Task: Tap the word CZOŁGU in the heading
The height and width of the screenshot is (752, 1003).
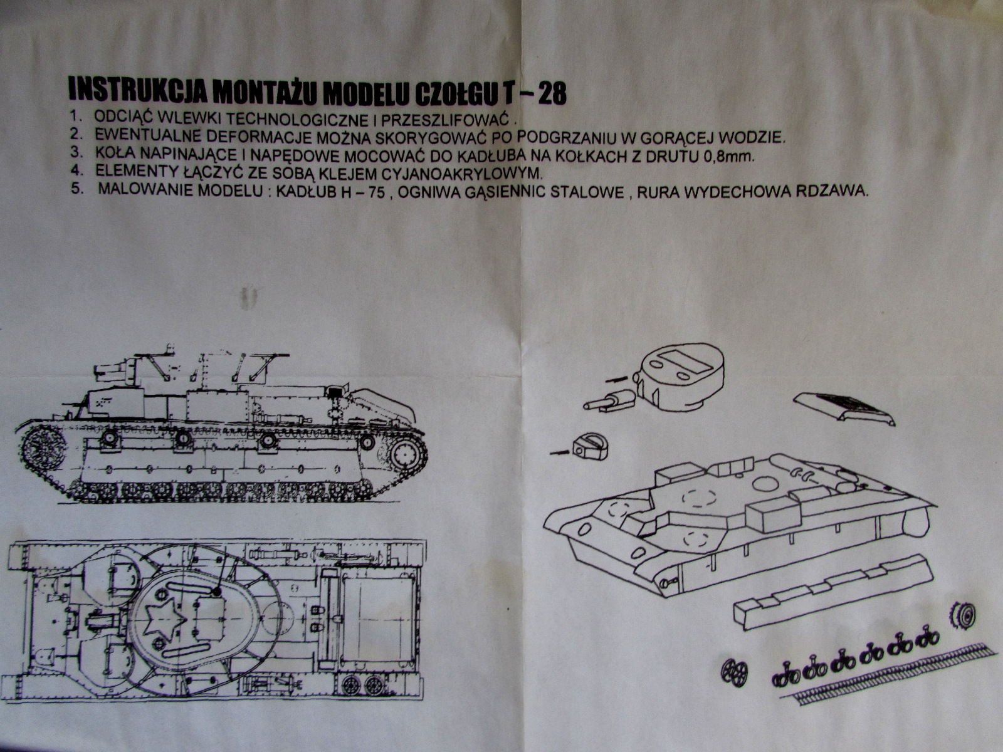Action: [446, 93]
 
